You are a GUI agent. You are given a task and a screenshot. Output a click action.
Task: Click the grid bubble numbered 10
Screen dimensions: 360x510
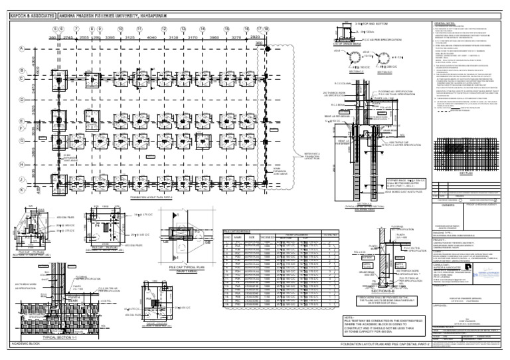click(120, 30)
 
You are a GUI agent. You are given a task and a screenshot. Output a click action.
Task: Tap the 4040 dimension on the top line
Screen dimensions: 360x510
click(151, 38)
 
